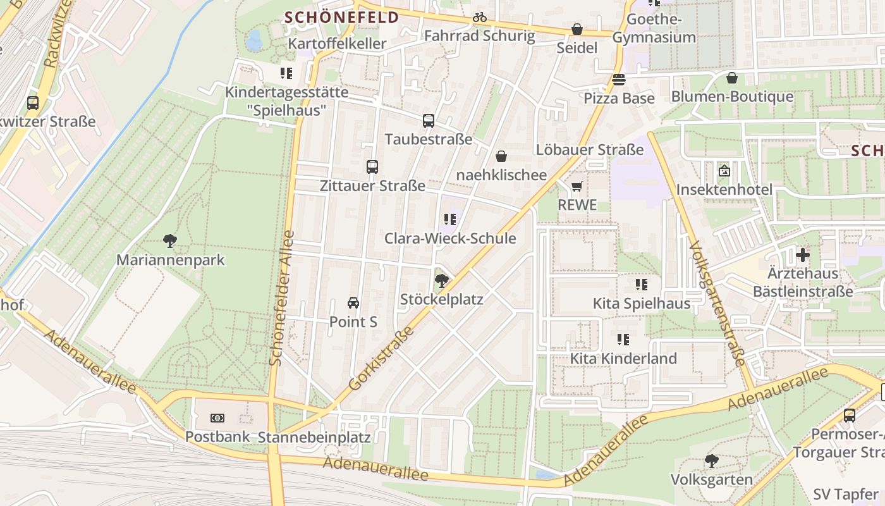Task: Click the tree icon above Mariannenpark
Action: point(169,240)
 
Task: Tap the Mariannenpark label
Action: point(171,260)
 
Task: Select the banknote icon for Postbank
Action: point(217,418)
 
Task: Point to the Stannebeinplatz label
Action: point(314,437)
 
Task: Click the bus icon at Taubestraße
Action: point(429,120)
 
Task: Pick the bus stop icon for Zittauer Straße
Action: point(372,167)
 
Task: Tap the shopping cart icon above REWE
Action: point(577,186)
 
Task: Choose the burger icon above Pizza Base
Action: point(618,80)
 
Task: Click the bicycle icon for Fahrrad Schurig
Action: point(480,18)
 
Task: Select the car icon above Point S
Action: point(353,303)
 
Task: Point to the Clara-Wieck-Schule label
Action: point(450,238)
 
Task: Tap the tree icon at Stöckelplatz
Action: point(442,280)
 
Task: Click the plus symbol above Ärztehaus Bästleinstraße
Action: point(803,255)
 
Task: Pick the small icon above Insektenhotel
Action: point(724,171)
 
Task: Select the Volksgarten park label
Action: point(711,479)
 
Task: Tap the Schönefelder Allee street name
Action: point(281,297)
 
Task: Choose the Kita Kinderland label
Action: point(623,359)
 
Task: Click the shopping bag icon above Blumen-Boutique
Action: point(732,78)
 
